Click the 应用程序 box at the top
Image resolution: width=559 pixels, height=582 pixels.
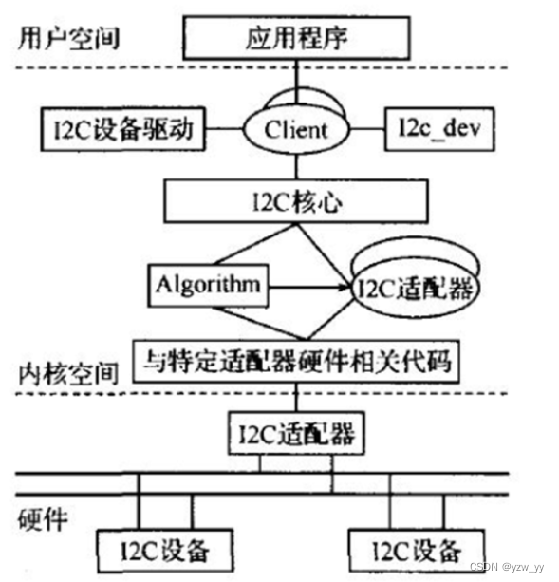(297, 41)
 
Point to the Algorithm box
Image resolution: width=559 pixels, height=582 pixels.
(205, 282)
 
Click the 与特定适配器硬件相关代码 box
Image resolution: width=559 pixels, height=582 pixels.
(298, 361)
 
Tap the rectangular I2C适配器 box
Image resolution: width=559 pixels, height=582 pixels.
(298, 436)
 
